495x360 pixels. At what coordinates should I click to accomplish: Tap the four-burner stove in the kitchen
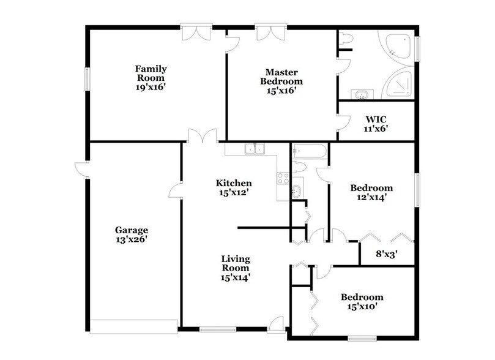click(283, 178)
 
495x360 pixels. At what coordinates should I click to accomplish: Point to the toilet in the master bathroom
click(346, 39)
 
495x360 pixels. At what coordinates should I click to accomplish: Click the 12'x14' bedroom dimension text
click(371, 197)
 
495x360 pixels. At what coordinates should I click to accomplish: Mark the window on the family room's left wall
click(87, 77)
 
